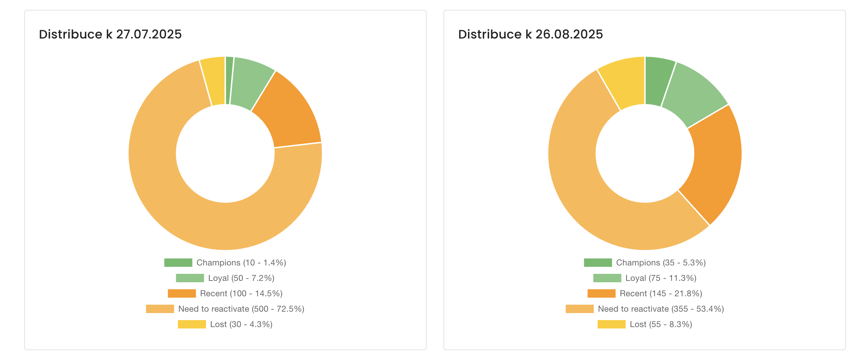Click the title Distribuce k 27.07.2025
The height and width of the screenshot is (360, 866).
point(110,34)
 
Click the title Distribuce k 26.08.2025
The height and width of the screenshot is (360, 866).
point(530,34)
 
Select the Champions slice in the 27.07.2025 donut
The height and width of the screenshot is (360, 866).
point(229,81)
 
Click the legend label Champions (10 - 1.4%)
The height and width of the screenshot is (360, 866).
point(241,263)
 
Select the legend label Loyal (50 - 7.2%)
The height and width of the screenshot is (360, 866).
point(241,278)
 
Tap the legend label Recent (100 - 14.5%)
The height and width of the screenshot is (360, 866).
point(241,293)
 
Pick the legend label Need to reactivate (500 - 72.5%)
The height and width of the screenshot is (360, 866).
point(241,309)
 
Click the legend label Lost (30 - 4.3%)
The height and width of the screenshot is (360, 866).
point(241,324)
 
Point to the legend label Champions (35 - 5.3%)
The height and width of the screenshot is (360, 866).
point(661,263)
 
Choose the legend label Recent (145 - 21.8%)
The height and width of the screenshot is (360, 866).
point(661,293)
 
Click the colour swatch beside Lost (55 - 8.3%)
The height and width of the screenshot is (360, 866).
point(611,324)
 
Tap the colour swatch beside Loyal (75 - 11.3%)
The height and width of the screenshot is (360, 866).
point(607,278)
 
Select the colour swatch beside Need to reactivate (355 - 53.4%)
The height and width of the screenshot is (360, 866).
point(579,309)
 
